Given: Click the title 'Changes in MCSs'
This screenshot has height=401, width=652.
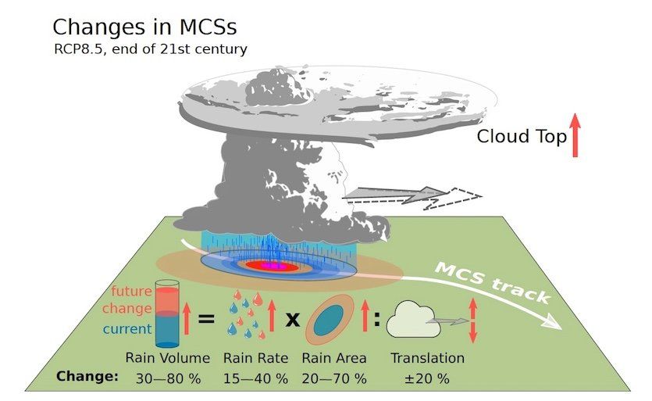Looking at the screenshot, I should pyautogui.click(x=144, y=28).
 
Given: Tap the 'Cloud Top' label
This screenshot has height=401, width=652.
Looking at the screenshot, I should pyautogui.click(x=521, y=137).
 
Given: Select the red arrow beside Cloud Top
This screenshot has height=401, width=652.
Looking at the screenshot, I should pyautogui.click(x=575, y=135).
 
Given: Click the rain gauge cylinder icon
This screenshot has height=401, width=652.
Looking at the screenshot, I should pyautogui.click(x=168, y=313).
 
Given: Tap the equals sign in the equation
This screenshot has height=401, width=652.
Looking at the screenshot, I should pyautogui.click(x=206, y=317).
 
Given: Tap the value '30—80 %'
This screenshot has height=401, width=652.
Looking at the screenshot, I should pyautogui.click(x=168, y=377).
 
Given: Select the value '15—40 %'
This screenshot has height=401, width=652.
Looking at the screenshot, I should pyautogui.click(x=255, y=377).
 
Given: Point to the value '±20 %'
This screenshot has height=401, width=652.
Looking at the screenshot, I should pyautogui.click(x=426, y=377).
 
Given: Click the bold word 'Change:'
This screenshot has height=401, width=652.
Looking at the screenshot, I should pyautogui.click(x=87, y=376).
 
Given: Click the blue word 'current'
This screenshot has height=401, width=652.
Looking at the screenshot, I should pyautogui.click(x=126, y=329).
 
